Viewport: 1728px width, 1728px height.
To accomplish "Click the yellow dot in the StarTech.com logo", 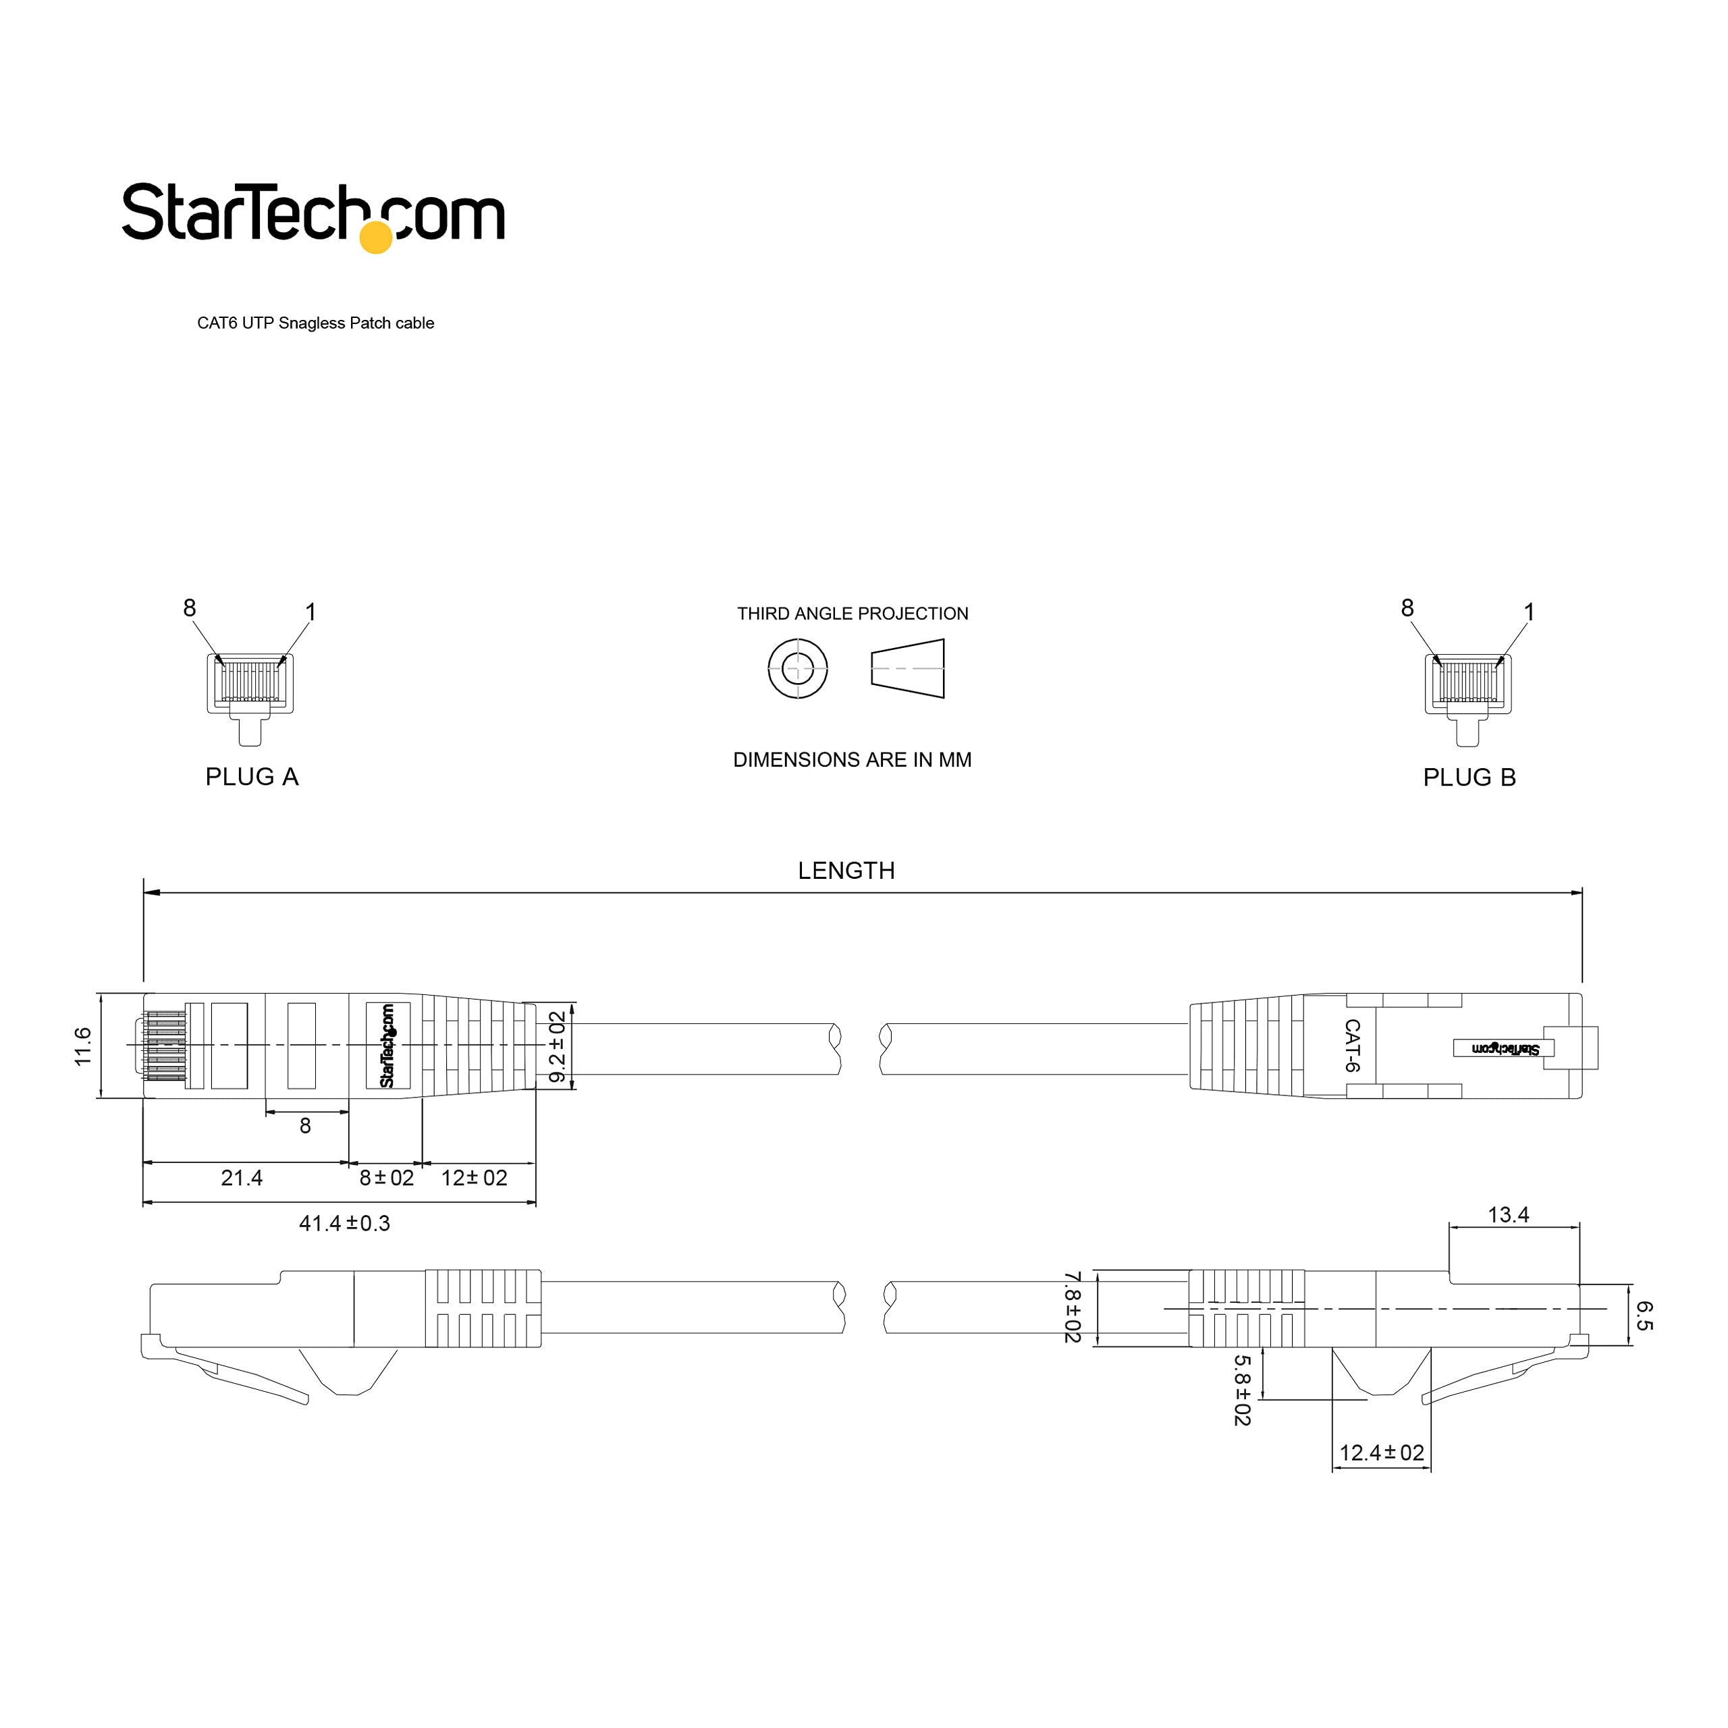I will [376, 237].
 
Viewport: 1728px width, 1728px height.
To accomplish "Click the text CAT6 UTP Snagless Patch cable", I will [316, 323].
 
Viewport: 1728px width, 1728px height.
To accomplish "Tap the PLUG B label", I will [1469, 777].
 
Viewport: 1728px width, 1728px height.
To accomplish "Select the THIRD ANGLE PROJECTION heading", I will [853, 614].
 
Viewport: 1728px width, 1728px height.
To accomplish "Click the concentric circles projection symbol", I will [797, 668].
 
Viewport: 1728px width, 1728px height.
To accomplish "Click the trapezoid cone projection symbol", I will [908, 668].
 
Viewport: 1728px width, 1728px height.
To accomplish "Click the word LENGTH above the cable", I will [846, 870].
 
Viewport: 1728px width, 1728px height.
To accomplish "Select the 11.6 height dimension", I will [83, 1046].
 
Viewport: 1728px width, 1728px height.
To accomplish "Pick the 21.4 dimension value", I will [242, 1178].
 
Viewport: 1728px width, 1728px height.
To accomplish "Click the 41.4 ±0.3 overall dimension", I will [344, 1222].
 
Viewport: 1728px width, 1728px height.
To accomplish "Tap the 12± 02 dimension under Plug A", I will [474, 1178].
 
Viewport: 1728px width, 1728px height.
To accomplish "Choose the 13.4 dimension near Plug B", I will [1508, 1214].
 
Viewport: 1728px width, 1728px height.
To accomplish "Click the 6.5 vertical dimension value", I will [1644, 1316].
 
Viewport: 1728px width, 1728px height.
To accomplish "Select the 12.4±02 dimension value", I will [1381, 1453].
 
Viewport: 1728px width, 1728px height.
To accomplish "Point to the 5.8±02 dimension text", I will [1241, 1390].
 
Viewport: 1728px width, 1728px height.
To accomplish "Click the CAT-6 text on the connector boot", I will [1351, 1046].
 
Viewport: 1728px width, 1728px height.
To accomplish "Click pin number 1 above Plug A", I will [310, 612].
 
